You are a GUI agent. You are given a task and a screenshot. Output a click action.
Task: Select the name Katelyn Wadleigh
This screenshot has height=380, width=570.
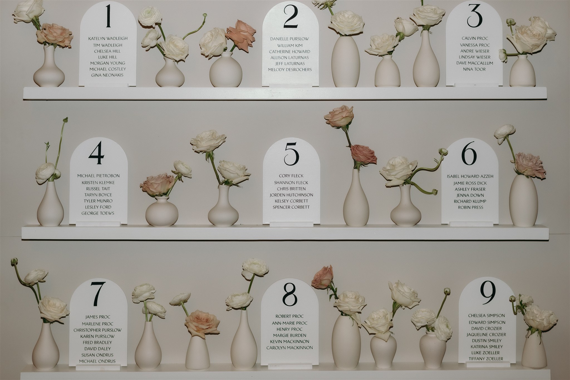pos(108,39)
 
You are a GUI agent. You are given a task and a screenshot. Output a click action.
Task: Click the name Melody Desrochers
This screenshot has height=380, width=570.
pos(290,69)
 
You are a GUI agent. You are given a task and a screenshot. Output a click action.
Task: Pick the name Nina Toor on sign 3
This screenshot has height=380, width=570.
pos(474,69)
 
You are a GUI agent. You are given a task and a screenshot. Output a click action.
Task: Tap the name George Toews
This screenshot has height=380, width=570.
pos(98,213)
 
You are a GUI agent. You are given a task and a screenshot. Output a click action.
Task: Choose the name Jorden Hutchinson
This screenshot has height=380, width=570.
pos(291,195)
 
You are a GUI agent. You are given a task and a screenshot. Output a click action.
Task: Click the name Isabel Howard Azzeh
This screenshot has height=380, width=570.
pos(470,176)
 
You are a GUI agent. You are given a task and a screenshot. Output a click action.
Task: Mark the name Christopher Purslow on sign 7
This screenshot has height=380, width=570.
pos(97,330)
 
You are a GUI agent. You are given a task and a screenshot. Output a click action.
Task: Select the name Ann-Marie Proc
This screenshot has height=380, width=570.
pos(290,323)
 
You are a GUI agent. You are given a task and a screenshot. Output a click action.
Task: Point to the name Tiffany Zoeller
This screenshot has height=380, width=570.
pos(486,359)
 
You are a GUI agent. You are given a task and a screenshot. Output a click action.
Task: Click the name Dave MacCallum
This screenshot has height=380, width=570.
pos(475,63)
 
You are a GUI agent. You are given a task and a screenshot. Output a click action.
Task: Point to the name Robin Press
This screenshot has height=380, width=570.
pos(470,207)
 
